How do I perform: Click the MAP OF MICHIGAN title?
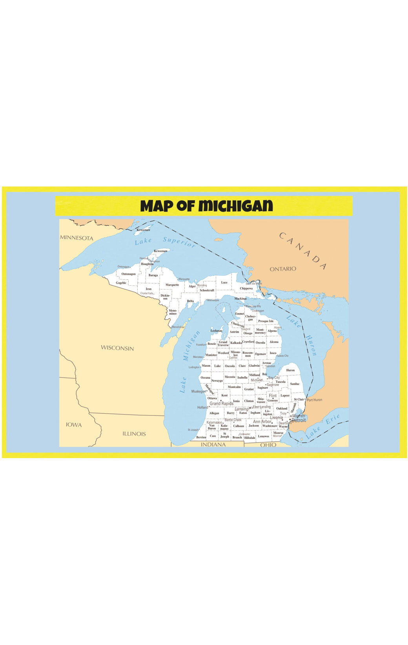(206, 206)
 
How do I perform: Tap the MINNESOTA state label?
(76, 238)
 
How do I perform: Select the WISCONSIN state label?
(117, 348)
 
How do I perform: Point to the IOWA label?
(74, 425)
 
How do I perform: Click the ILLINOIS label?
(134, 434)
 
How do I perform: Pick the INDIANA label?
(213, 444)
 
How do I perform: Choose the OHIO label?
(268, 445)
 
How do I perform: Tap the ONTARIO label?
(283, 269)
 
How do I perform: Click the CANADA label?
(302, 251)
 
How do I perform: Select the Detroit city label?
(299, 420)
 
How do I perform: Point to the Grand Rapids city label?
(221, 404)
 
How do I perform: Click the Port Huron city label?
(314, 400)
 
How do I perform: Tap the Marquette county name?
(172, 285)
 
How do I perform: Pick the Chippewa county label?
(246, 288)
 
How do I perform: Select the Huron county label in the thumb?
(290, 370)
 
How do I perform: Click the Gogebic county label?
(121, 283)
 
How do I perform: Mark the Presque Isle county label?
(266, 321)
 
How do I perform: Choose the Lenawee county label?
(264, 436)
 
